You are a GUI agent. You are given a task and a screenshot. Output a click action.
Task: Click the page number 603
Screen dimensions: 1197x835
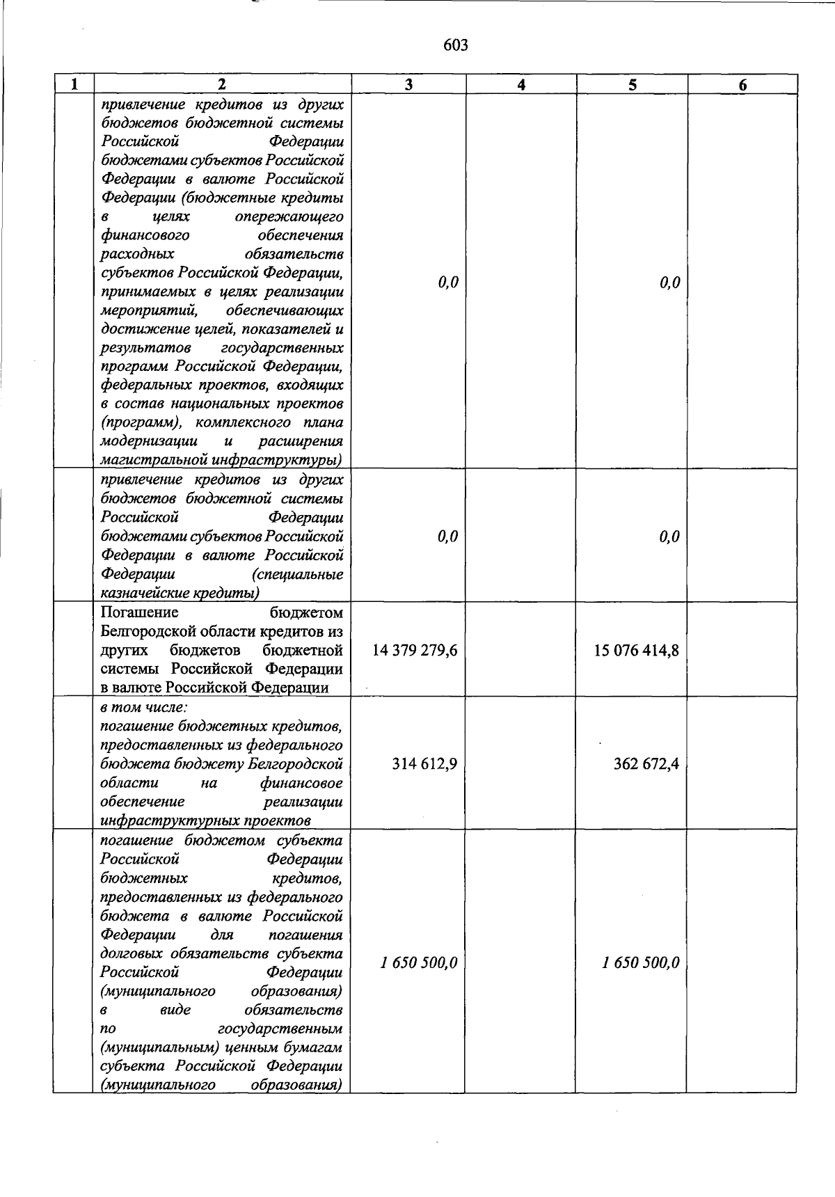pyautogui.click(x=455, y=45)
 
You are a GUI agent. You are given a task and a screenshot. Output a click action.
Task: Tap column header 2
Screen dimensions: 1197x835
pyautogui.click(x=221, y=85)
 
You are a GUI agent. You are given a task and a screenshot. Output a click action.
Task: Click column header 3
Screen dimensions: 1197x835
pyautogui.click(x=408, y=85)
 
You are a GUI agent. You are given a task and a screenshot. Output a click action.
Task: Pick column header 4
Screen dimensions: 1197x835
pyautogui.click(x=520, y=85)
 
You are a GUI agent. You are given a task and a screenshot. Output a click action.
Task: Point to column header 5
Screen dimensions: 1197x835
pyautogui.click(x=632, y=85)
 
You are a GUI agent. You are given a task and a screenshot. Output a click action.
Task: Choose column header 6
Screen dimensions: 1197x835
pyautogui.click(x=742, y=85)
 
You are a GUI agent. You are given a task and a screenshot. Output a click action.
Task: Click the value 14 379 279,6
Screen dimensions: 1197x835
pyautogui.click(x=415, y=650)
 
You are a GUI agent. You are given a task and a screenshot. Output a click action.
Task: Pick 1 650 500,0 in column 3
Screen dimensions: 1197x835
pyautogui.click(x=419, y=962)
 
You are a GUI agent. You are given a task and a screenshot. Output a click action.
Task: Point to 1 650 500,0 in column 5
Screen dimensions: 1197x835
pyautogui.click(x=641, y=962)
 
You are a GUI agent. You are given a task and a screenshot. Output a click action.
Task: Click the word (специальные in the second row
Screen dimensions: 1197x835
pyautogui.click(x=299, y=575)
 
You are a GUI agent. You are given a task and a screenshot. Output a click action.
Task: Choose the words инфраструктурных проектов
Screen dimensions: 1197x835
pyautogui.click(x=206, y=821)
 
